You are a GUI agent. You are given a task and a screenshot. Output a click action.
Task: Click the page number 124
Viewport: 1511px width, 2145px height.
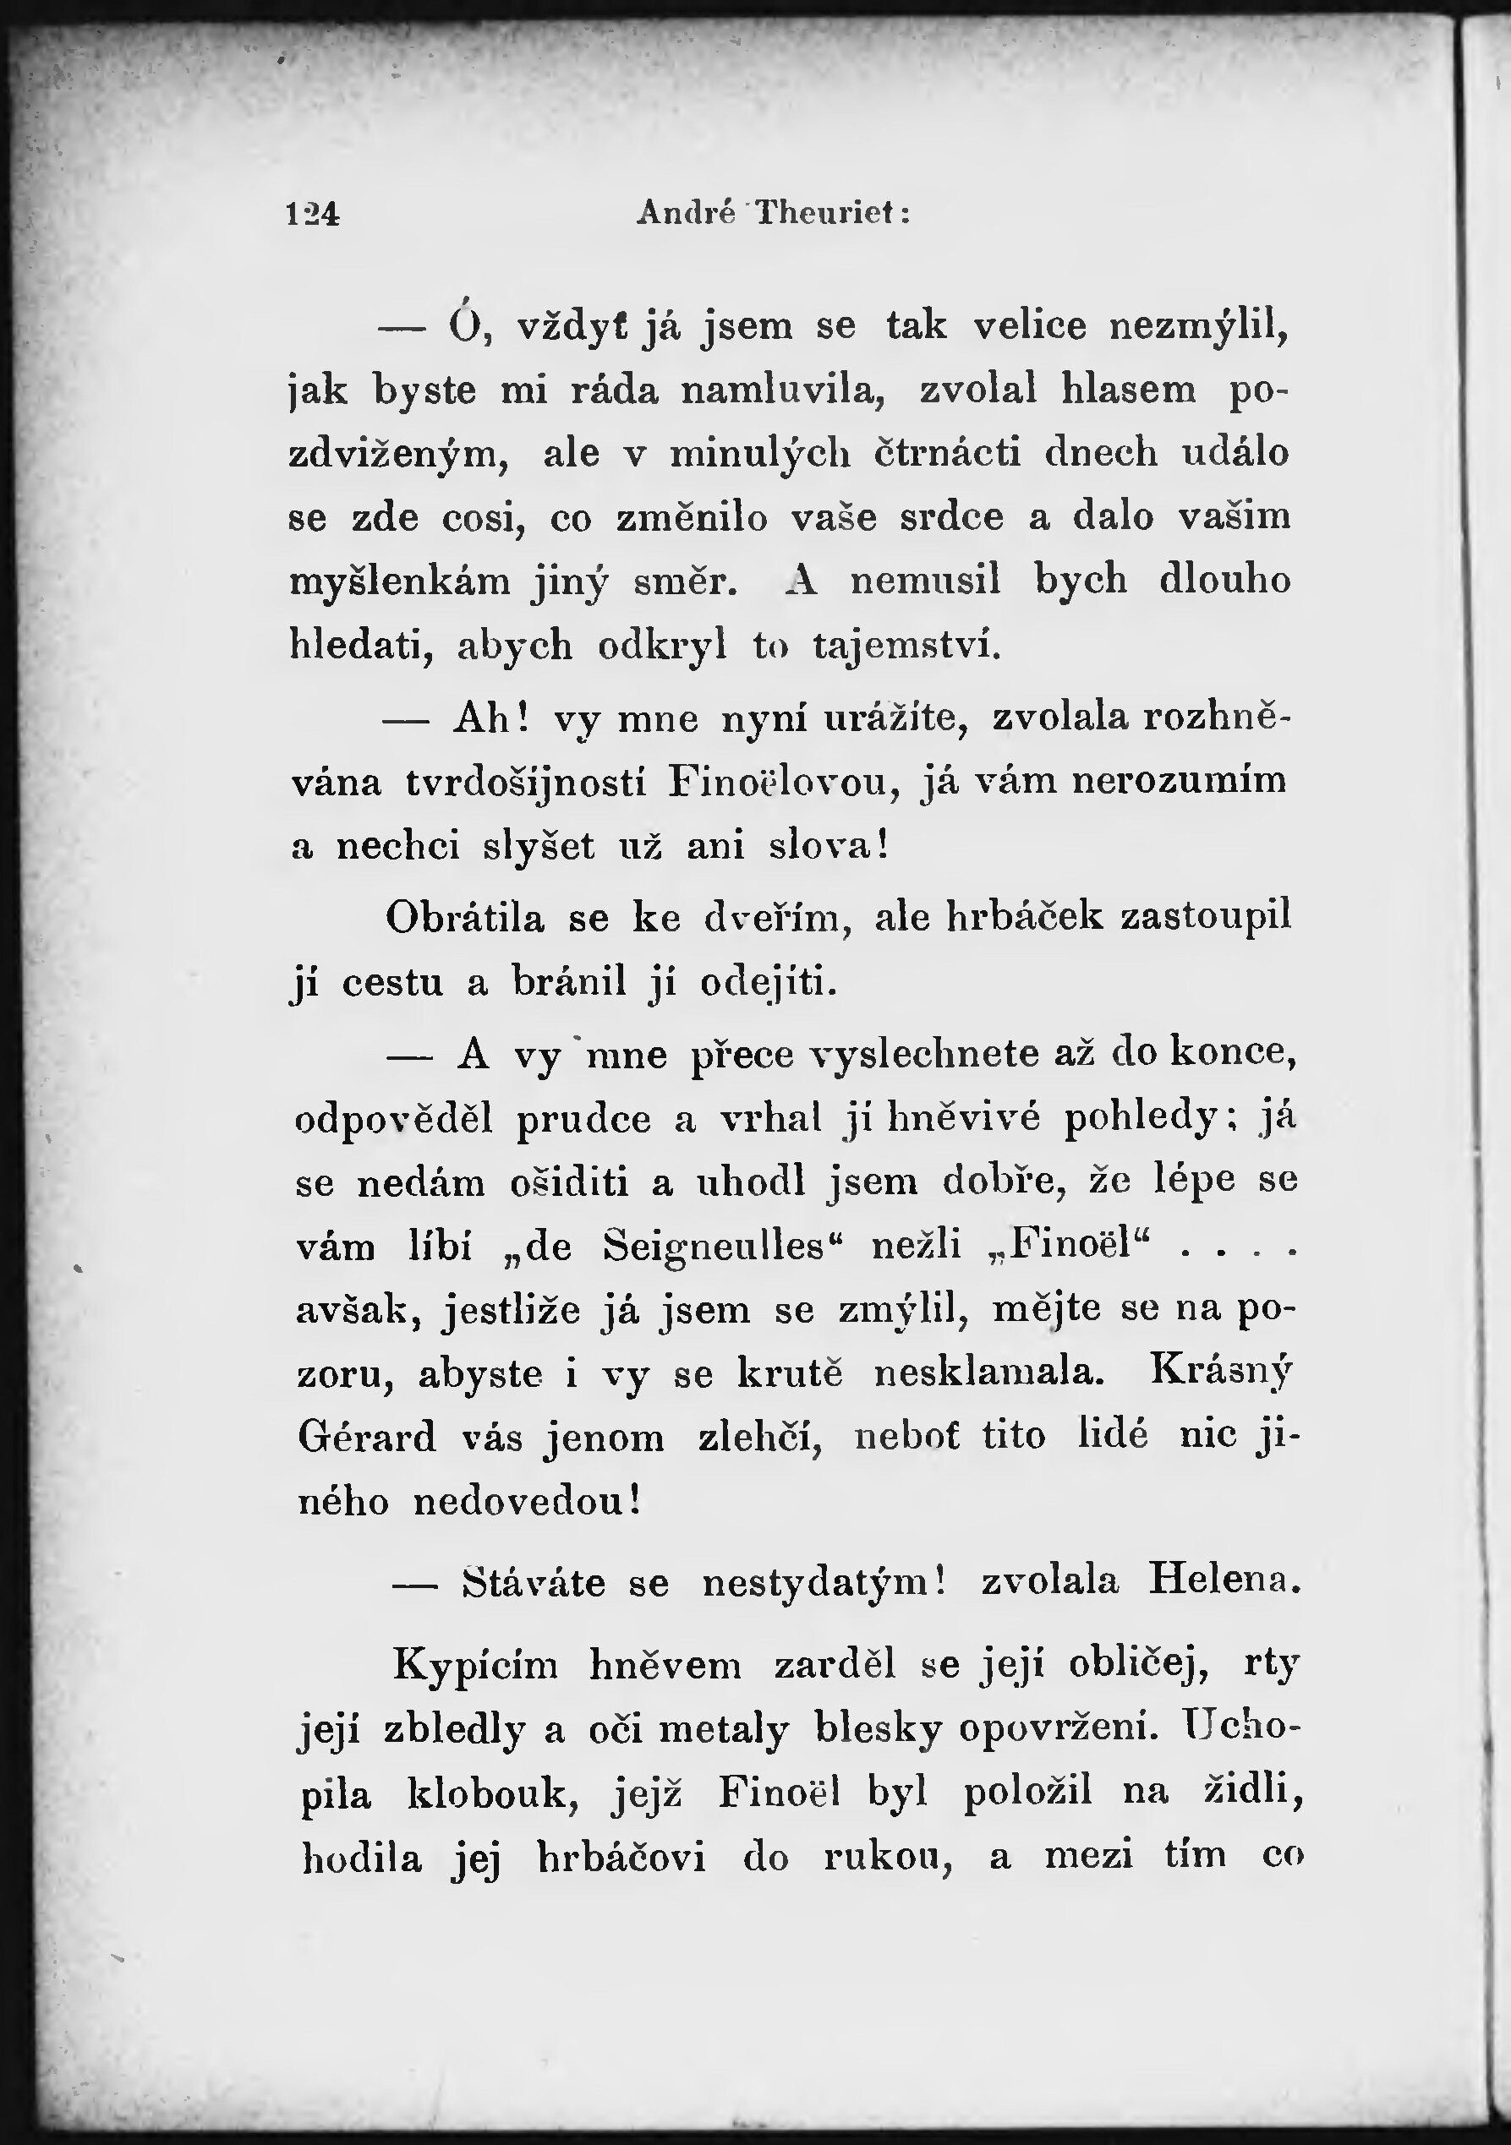tap(313, 215)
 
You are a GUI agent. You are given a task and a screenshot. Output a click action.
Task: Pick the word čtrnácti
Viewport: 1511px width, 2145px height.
tap(948, 453)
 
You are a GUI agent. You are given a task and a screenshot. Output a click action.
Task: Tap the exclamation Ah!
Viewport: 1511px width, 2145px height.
tap(491, 719)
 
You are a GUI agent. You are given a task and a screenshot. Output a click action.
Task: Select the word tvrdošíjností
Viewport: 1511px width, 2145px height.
tap(525, 783)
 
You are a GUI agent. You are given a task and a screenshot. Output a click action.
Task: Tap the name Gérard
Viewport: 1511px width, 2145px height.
tap(367, 1437)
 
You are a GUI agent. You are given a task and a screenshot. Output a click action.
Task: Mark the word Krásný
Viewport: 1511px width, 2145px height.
tap(1221, 1372)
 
